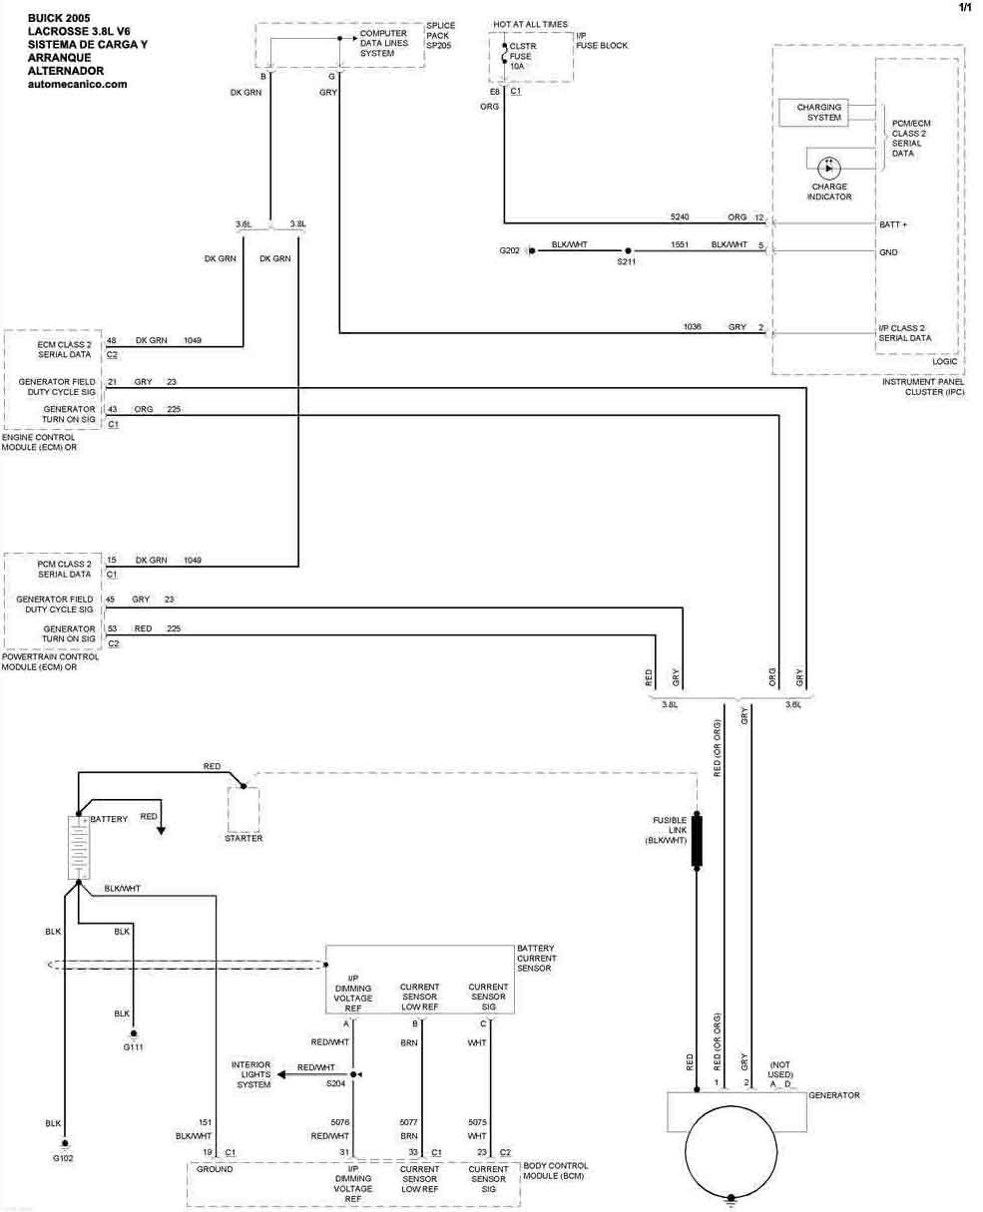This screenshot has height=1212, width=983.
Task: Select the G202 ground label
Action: (510, 250)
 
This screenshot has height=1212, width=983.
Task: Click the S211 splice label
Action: (627, 261)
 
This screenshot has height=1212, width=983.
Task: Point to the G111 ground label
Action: (132, 1047)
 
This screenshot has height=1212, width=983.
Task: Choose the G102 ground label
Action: (63, 1157)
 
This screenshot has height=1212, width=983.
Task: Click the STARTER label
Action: (244, 838)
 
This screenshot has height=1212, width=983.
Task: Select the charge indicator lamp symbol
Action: (828, 168)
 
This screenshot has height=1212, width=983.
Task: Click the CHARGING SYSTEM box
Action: (818, 113)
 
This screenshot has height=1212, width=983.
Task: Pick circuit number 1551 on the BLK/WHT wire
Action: (680, 244)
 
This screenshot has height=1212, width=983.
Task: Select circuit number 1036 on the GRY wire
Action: (693, 326)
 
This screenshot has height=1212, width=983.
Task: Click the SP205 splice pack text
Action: (439, 46)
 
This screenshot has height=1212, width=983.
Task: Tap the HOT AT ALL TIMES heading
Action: (531, 23)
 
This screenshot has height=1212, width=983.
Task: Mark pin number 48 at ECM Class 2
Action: (112, 340)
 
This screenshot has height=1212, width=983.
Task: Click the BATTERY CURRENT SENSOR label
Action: (535, 958)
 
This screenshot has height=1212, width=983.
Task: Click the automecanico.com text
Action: (78, 85)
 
